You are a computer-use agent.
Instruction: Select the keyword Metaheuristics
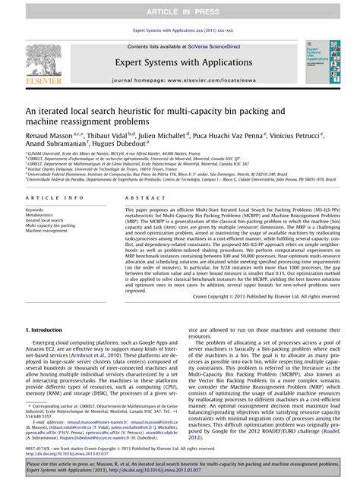(x=39, y=215)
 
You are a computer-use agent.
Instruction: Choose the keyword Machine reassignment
(x=47, y=231)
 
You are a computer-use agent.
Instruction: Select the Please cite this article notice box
(x=180, y=465)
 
